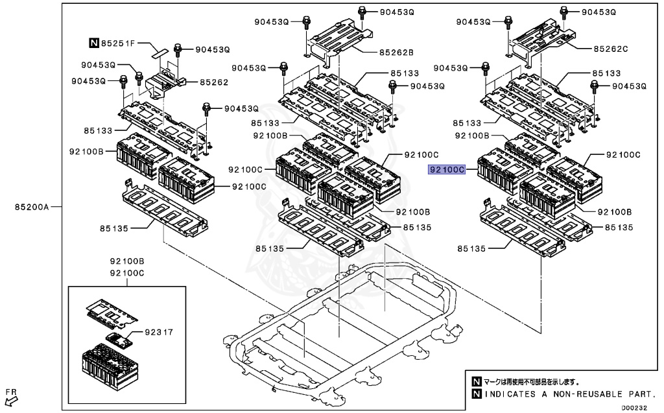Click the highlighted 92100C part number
click(x=446, y=169)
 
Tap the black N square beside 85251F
click(x=94, y=43)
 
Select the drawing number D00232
click(x=634, y=408)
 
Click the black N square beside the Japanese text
click(x=477, y=382)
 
